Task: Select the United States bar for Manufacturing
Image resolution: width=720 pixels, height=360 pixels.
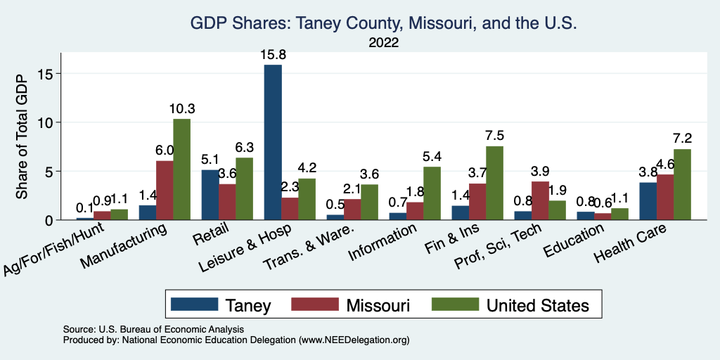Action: (181, 169)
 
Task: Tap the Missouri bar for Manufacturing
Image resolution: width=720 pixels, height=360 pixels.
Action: (165, 190)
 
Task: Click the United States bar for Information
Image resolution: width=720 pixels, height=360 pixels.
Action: (432, 193)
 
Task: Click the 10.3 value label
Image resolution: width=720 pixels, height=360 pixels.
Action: (181, 108)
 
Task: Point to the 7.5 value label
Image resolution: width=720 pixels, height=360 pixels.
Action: (494, 136)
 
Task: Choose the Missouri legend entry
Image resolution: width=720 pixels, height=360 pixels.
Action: (365, 304)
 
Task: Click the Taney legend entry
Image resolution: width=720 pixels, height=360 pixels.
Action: (231, 304)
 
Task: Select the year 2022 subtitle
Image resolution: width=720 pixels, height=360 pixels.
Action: (384, 43)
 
